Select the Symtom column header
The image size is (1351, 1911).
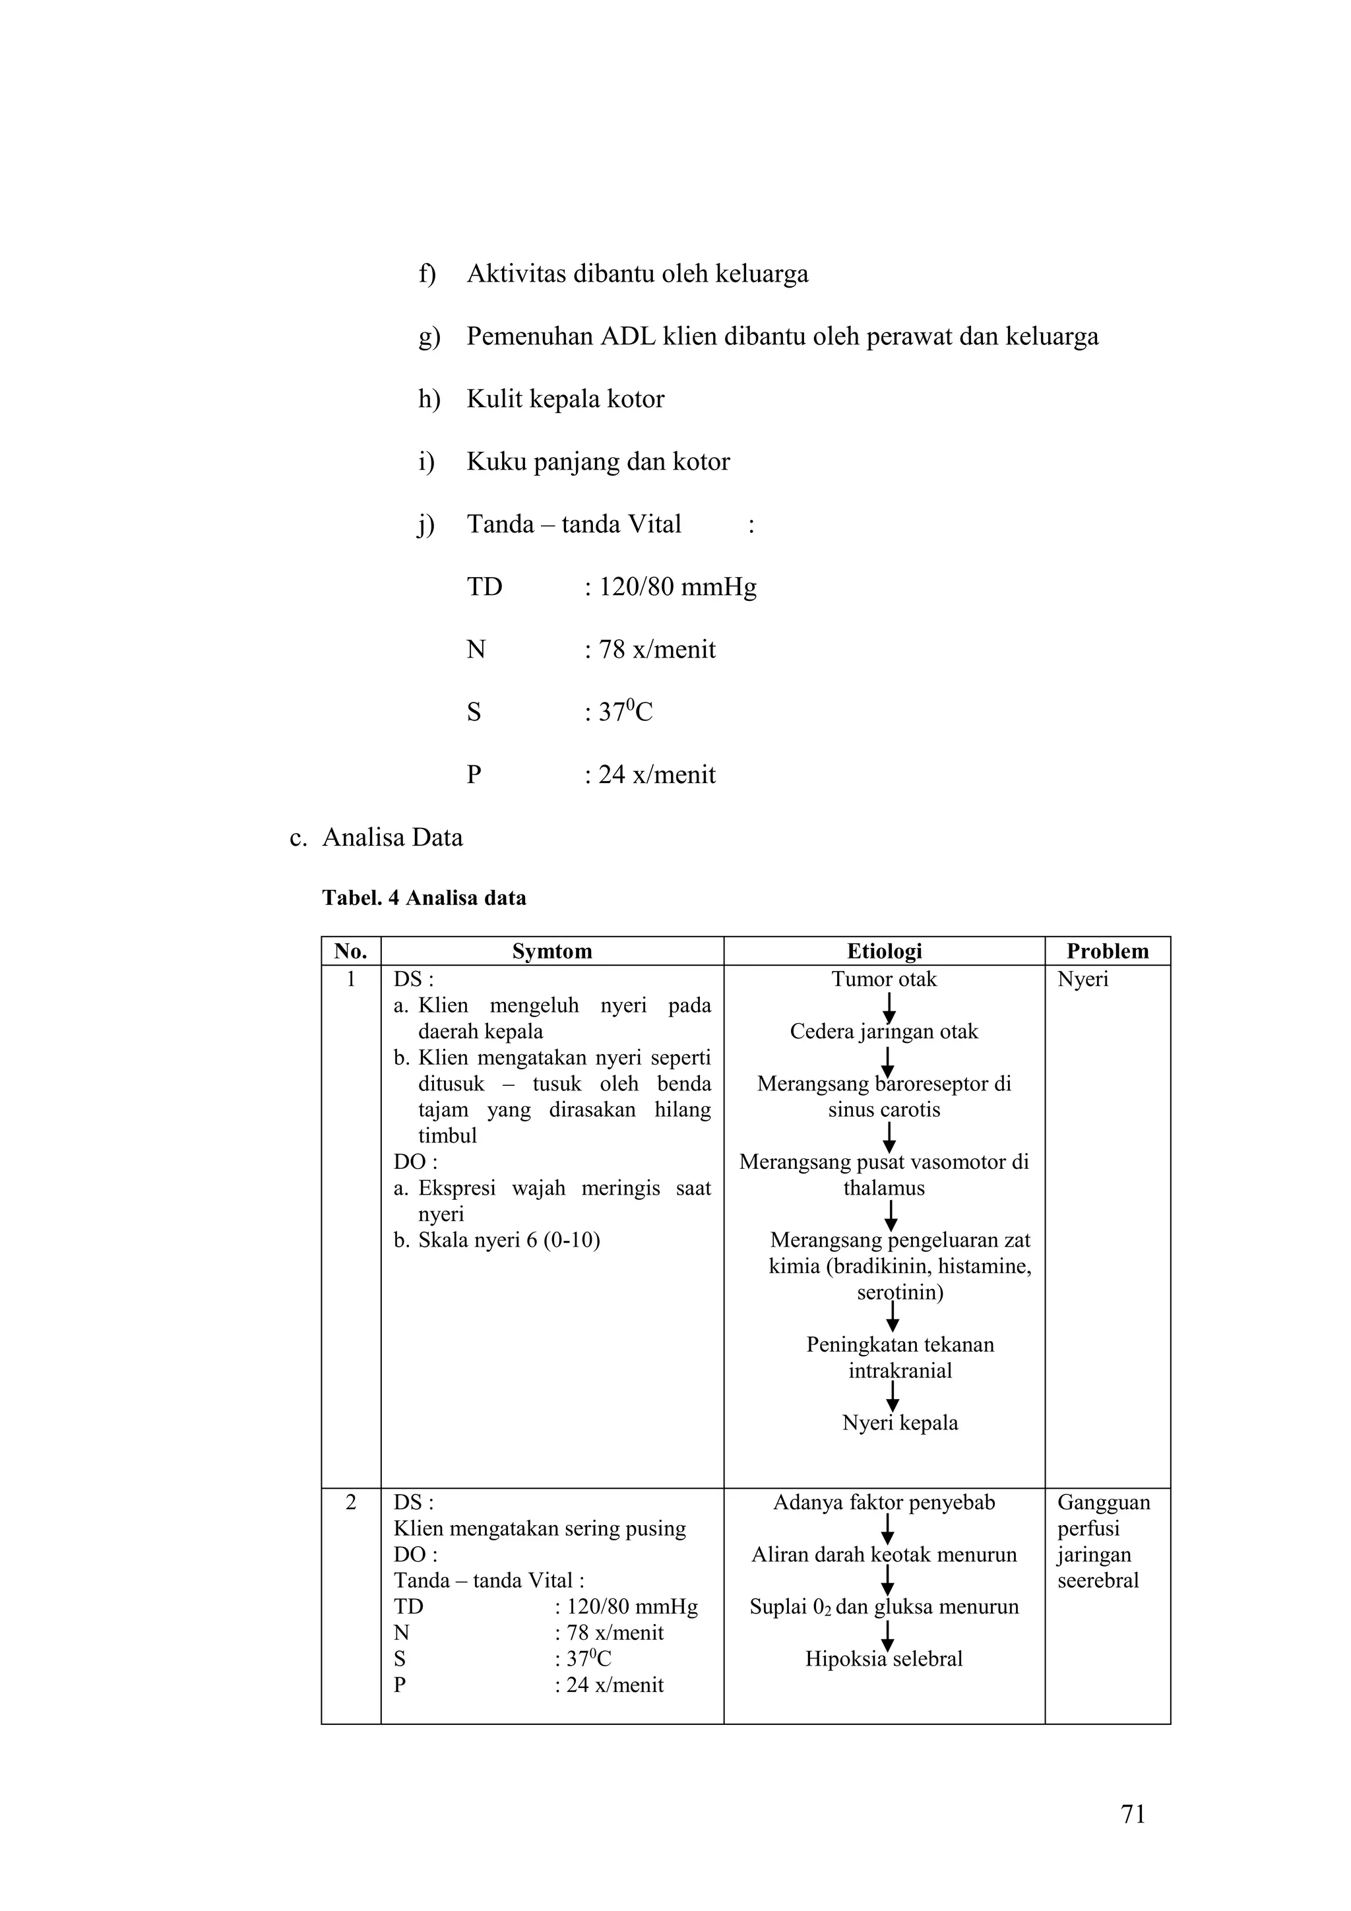coord(552,951)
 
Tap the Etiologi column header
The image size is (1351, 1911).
coord(884,951)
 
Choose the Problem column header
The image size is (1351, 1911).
coord(1107,951)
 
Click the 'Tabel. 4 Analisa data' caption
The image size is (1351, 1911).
coord(424,898)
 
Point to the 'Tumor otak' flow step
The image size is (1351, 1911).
coord(884,979)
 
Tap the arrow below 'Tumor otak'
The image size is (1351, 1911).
coord(889,1007)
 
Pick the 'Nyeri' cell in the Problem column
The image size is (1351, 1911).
coord(1083,979)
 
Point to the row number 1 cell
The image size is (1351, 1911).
coord(350,979)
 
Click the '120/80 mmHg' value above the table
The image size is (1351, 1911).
coord(677,587)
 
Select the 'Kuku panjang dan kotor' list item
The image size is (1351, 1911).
coord(598,461)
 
